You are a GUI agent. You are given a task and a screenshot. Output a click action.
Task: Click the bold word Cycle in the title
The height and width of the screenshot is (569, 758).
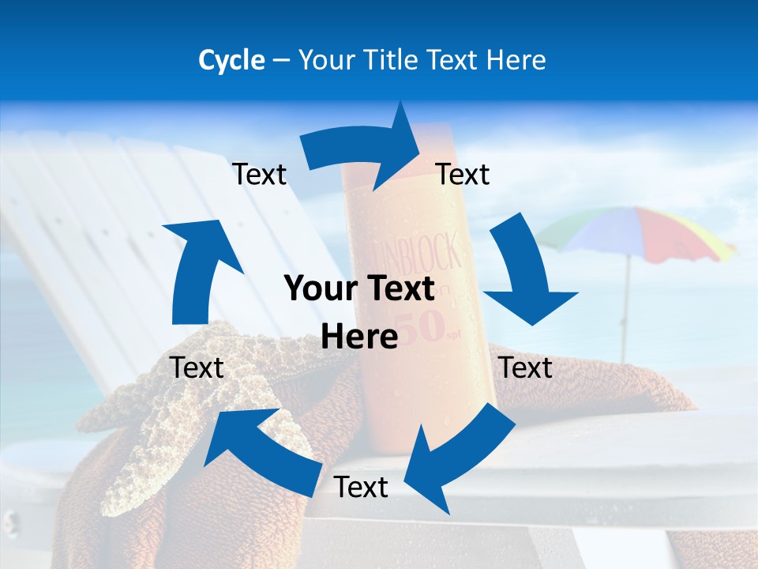231,60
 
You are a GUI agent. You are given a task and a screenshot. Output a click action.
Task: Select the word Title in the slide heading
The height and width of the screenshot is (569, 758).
393,60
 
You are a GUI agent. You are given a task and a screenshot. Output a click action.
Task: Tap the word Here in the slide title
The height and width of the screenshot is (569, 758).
516,60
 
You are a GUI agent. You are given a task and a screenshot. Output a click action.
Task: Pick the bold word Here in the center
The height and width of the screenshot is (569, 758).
359,337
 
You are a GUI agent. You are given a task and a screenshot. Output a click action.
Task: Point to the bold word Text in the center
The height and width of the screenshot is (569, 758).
399,289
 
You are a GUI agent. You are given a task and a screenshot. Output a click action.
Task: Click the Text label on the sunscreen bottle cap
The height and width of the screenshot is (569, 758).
463,174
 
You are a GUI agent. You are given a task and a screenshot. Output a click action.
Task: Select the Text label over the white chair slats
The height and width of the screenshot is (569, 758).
259,174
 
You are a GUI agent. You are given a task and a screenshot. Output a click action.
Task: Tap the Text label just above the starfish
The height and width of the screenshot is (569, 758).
197,367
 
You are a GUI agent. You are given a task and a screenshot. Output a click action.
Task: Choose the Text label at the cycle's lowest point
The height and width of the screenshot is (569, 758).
361,487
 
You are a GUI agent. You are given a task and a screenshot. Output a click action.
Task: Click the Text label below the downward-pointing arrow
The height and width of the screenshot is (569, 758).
526,367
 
